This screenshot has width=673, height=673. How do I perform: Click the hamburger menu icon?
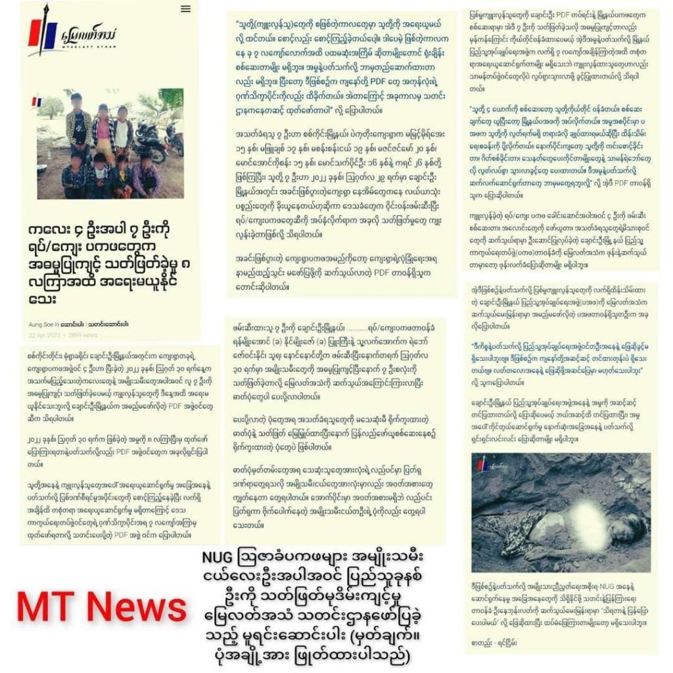click(185, 9)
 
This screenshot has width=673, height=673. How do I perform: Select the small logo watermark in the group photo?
click(36, 102)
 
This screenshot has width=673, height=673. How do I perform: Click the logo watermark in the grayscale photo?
click(483, 464)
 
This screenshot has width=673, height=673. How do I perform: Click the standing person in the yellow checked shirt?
click(78, 128)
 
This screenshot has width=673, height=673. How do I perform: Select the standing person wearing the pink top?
click(103, 131)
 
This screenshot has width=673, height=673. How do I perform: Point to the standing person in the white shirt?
click(122, 131)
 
